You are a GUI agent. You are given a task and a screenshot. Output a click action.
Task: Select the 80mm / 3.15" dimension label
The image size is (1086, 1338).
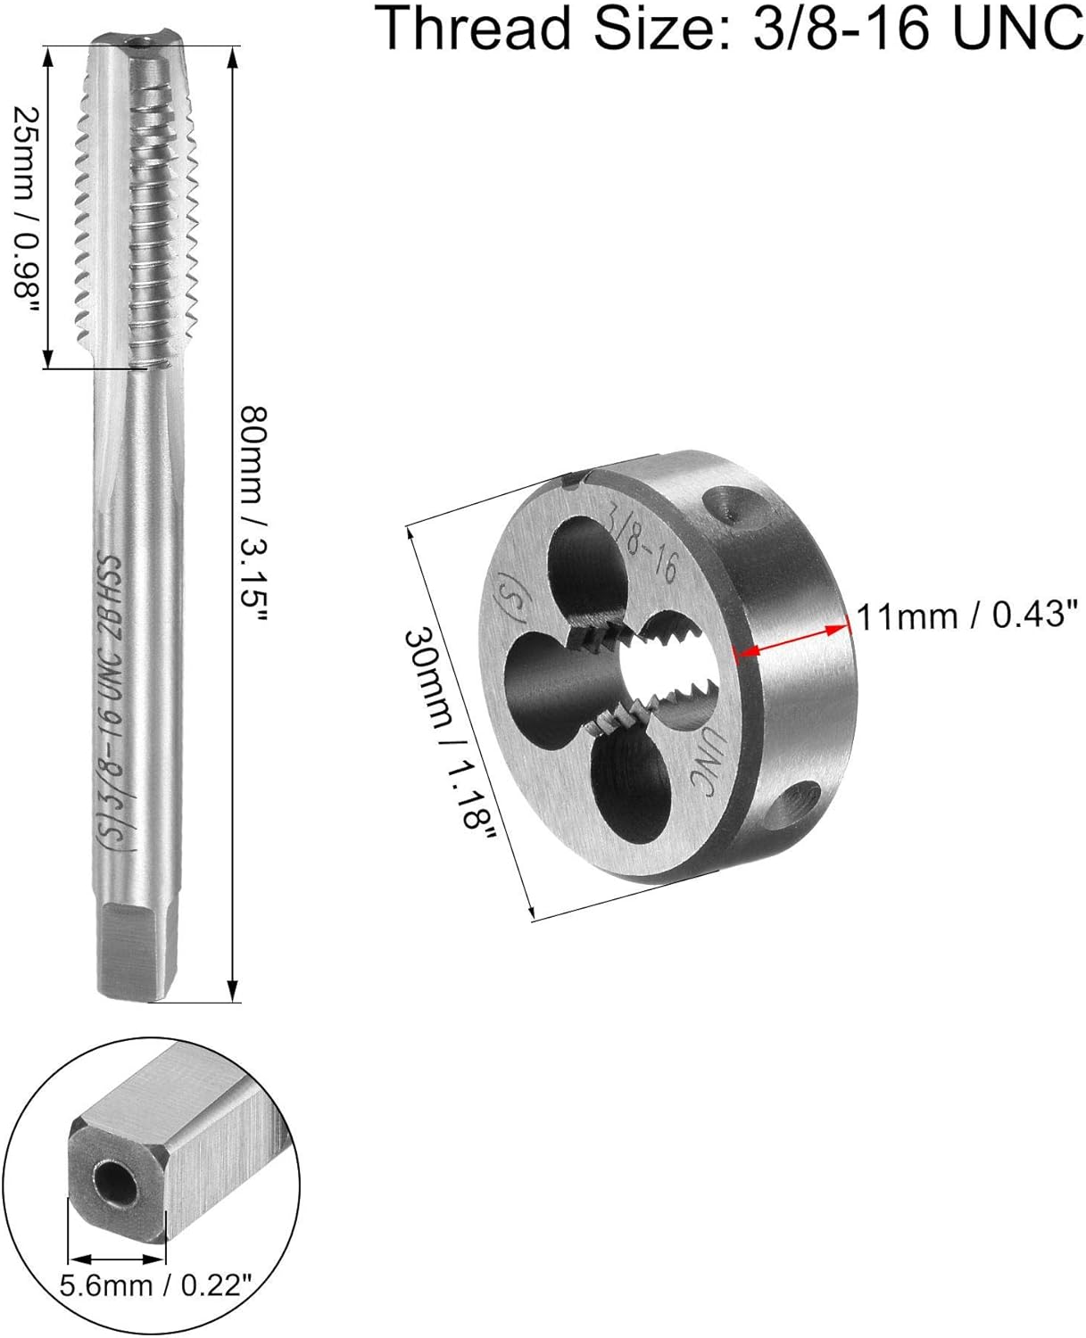click(255, 515)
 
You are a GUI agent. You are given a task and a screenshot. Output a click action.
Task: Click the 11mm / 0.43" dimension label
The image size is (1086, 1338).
click(968, 616)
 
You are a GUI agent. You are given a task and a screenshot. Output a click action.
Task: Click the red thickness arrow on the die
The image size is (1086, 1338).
click(792, 640)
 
